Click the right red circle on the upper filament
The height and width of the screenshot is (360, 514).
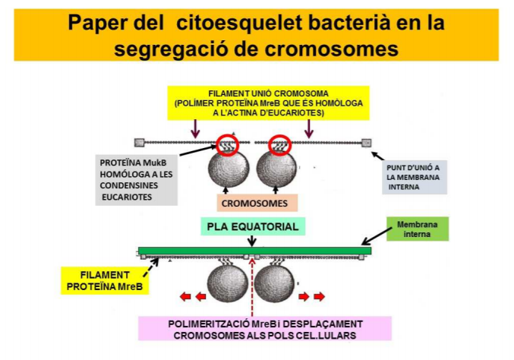click(x=279, y=143)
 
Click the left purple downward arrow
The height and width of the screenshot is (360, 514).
click(x=197, y=126)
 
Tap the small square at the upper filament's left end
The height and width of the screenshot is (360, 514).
click(x=139, y=142)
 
